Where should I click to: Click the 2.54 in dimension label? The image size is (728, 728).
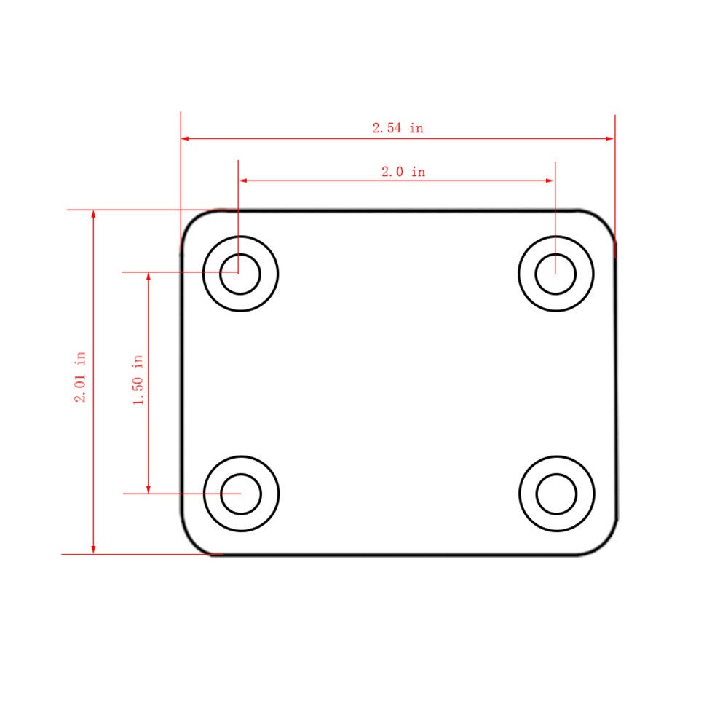(397, 128)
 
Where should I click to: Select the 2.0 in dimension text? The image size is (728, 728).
(403, 173)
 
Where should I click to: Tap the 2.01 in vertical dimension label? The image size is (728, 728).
(80, 377)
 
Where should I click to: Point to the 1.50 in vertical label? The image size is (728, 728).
(138, 380)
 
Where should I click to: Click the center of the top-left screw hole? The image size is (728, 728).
(240, 274)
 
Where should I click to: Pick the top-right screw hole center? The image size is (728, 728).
(555, 274)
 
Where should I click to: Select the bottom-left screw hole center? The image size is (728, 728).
(241, 494)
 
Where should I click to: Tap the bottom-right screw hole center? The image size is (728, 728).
(556, 494)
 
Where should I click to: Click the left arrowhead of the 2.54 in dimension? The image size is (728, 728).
(186, 138)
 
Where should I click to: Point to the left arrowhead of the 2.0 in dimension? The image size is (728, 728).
(243, 181)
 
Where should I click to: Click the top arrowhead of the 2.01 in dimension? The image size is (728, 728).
(93, 215)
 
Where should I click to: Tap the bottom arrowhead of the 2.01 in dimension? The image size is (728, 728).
(93, 549)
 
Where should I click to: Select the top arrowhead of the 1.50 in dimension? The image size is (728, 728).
(149, 277)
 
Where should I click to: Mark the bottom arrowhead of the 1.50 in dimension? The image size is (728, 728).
(149, 488)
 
